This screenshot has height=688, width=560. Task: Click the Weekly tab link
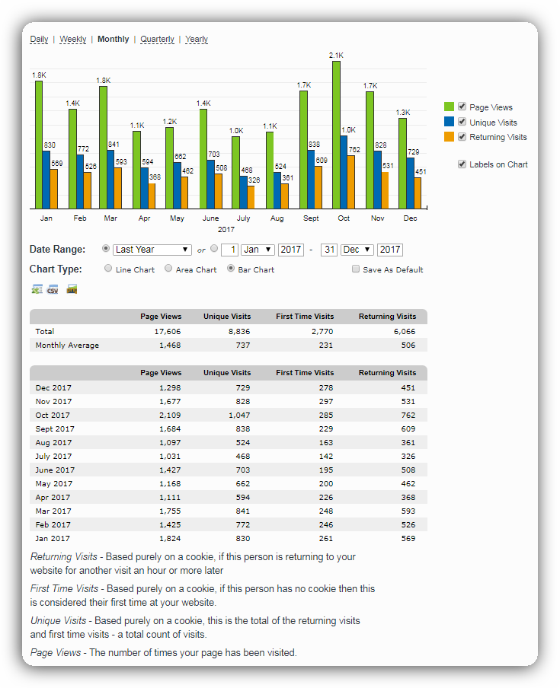point(73,40)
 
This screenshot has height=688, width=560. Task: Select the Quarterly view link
point(157,40)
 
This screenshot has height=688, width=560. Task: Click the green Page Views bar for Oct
point(336,134)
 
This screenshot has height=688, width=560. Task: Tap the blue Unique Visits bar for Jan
point(46,180)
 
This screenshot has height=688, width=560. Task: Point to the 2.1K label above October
point(336,56)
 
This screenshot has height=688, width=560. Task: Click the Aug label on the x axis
point(277,218)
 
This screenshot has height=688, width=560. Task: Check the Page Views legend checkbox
point(462,107)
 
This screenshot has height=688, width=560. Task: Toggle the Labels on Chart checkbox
point(462,164)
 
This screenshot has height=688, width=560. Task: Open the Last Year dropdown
point(152,250)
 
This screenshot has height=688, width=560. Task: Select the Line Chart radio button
point(108,269)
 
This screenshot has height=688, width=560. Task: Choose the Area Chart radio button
point(168,269)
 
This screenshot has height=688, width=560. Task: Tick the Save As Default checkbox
point(356,269)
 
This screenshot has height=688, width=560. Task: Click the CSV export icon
point(53,289)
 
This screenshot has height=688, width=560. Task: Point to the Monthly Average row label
point(67,346)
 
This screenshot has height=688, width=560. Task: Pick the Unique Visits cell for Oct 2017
point(238,416)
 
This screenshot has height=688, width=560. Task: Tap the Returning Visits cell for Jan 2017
point(406,539)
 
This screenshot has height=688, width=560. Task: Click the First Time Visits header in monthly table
point(305,373)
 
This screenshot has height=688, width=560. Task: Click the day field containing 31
point(329,250)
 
